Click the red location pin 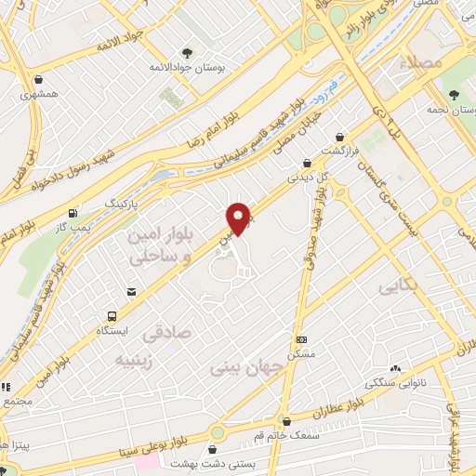[x=238, y=218]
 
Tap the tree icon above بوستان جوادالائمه [x=187, y=53]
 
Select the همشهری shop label [x=38, y=95]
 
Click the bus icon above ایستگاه [x=112, y=316]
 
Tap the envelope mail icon [x=131, y=292]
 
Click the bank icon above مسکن [x=301, y=340]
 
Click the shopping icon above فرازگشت [x=338, y=137]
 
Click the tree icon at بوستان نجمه [x=455, y=95]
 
